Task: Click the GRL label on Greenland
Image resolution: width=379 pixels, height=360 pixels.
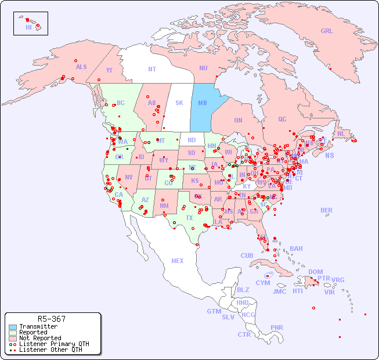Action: click(327, 31)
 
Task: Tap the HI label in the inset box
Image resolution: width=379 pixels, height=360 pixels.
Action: click(28, 27)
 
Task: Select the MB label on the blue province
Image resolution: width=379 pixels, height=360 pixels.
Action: click(203, 103)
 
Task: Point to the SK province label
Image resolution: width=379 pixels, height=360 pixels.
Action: click(179, 103)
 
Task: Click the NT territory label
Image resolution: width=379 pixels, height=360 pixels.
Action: click(152, 69)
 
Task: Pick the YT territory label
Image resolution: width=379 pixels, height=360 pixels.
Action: click(109, 70)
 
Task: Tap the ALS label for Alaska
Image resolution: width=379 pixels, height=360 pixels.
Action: click(81, 67)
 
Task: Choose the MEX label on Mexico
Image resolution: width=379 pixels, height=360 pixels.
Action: click(178, 261)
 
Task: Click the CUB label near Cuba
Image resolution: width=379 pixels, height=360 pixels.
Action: click(247, 255)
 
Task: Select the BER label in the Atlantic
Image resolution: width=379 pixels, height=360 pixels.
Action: click(327, 210)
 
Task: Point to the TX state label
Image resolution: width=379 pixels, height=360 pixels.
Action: click(189, 218)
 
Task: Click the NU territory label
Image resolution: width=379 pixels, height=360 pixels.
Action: click(203, 68)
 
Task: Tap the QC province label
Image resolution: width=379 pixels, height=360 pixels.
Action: click(282, 119)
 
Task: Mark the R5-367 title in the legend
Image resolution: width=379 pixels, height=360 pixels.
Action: click(51, 319)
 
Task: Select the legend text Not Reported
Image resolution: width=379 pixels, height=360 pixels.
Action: click(40, 338)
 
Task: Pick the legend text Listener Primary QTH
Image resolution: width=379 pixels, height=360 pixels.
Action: click(54, 344)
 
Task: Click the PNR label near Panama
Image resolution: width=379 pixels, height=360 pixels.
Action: click(277, 327)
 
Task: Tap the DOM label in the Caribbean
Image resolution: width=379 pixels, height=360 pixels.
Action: click(315, 272)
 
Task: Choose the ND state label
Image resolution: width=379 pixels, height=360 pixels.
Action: click(192, 140)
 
